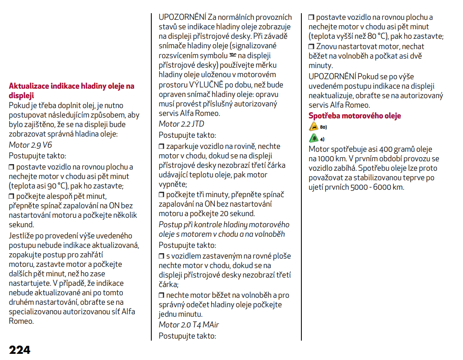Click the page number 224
[20, 350]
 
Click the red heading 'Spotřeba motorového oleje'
[355, 116]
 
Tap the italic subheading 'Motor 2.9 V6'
[31, 145]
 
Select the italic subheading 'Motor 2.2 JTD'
[181, 124]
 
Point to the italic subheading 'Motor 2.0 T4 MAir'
[189, 325]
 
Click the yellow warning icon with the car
[314, 127]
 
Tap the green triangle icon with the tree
[314, 138]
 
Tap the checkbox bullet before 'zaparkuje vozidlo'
[162, 147]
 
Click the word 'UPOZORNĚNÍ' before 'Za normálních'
[182, 17]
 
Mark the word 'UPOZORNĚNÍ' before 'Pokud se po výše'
[332, 77]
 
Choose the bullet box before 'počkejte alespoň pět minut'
[12, 196]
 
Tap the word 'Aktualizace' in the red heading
[29, 86]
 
